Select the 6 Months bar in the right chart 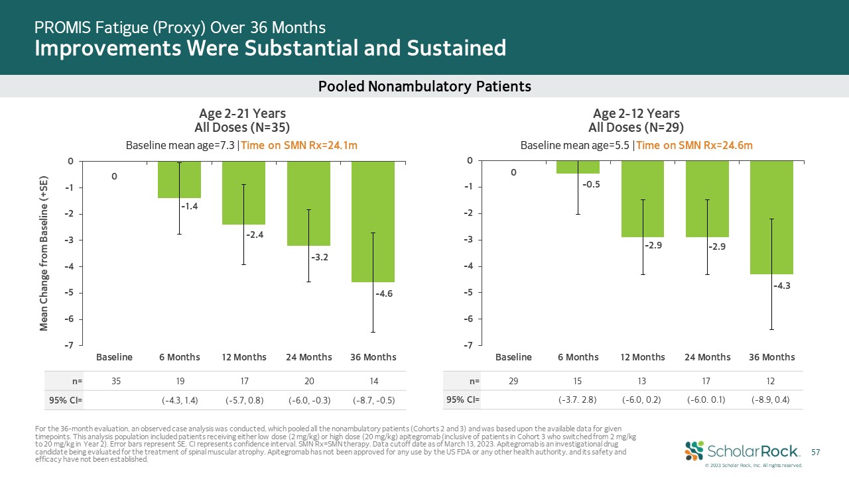[x=578, y=167]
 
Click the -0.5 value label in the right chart [x=592, y=185]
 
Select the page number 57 [x=816, y=452]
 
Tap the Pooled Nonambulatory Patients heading [x=424, y=86]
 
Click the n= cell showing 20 [x=308, y=381]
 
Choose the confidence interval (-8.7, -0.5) [x=373, y=400]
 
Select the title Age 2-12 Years [x=636, y=114]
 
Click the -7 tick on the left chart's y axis [x=68, y=345]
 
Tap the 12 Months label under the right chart [x=643, y=357]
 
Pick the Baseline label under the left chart [x=115, y=357]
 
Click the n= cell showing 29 [x=513, y=381]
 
